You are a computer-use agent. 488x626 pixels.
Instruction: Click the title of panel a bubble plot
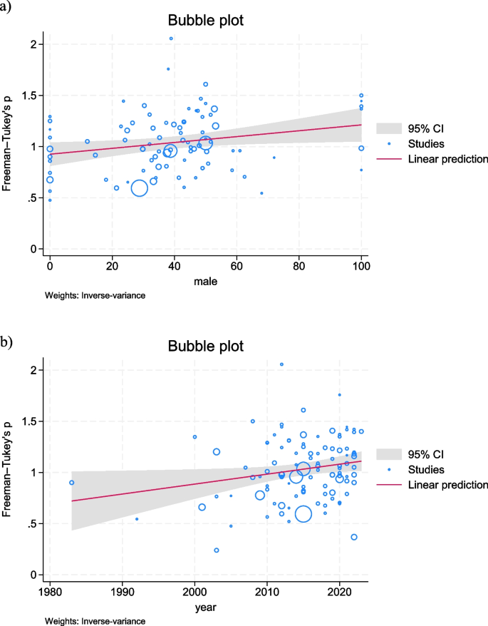coord(205,21)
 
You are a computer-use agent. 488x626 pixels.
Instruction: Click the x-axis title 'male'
coord(205,283)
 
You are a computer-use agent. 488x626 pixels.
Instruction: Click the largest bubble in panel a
coord(139,188)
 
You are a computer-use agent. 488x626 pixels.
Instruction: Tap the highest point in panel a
coord(171,39)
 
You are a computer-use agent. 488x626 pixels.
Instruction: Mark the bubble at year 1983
coord(71,483)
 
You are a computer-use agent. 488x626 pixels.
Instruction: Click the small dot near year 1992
coord(137,519)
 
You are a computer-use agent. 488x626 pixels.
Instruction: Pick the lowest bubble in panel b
coord(216,550)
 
